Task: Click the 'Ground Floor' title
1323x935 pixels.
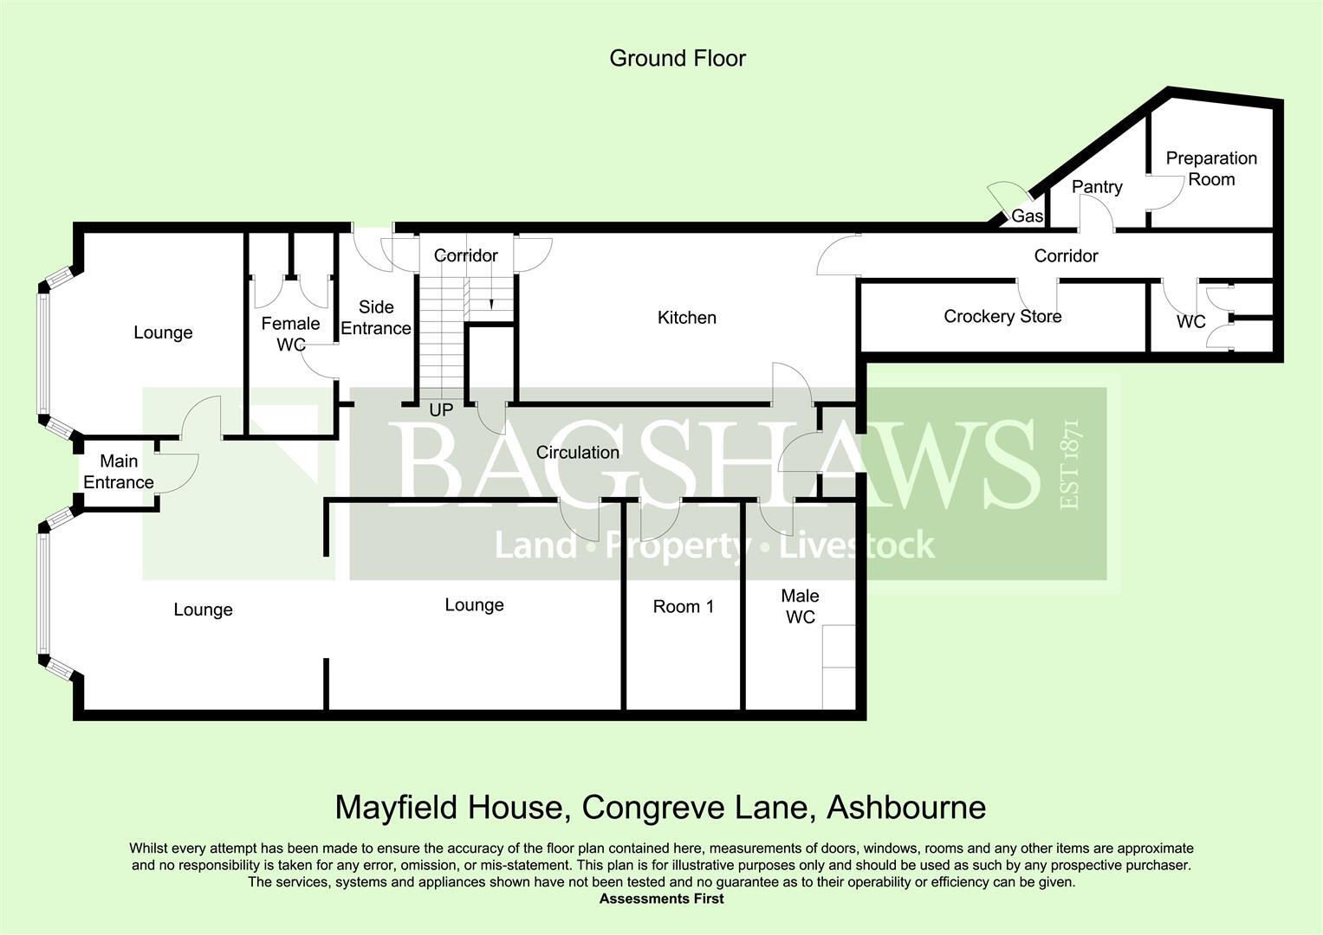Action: [677, 58]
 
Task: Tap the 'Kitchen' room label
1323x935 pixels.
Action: [686, 318]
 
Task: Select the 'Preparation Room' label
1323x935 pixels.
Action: [1210, 169]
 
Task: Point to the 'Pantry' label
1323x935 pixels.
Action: [1096, 187]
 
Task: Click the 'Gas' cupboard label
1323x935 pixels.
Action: [1027, 216]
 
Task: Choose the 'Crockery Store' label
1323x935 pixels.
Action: [1002, 317]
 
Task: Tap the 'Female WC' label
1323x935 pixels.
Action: [290, 334]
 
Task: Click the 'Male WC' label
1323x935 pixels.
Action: [800, 606]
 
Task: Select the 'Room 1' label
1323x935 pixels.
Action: [683, 607]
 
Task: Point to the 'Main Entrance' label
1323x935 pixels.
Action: [119, 472]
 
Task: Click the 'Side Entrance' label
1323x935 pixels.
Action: [375, 318]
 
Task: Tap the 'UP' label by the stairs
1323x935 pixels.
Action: [441, 410]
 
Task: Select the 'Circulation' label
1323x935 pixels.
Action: [577, 453]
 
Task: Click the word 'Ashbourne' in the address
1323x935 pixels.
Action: [906, 808]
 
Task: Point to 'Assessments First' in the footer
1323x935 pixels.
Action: [661, 899]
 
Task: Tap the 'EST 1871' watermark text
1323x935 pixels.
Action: [1069, 465]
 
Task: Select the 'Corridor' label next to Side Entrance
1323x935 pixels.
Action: [465, 255]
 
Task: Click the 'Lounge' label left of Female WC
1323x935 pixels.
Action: [163, 333]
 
